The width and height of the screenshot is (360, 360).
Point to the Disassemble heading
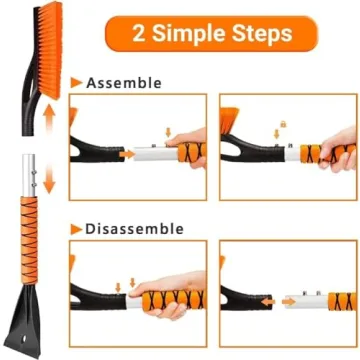pyautogui.click(x=134, y=229)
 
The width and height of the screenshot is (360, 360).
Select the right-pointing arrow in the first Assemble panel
pyautogui.click(x=128, y=155)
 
